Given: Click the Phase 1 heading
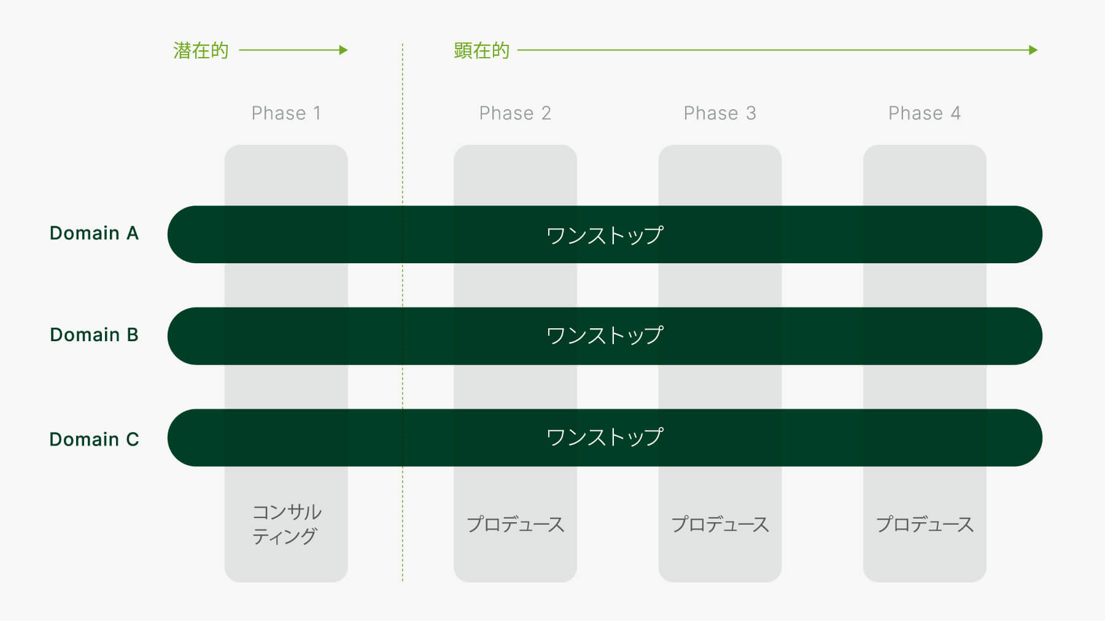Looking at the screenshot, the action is [x=286, y=113].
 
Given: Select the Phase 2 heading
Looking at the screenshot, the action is [x=515, y=113].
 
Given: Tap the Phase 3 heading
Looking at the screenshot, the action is [x=719, y=113].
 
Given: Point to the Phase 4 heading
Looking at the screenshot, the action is [x=925, y=113].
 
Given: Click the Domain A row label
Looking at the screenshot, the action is [x=94, y=233].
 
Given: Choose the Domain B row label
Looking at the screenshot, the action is [x=94, y=335].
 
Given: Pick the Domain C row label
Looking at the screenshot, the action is [x=94, y=439].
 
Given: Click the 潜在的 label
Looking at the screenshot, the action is [x=201, y=50].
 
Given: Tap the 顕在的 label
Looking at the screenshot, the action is [x=482, y=50].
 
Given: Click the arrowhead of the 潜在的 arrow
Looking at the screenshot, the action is [x=344, y=50].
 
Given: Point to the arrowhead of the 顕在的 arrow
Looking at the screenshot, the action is [x=1034, y=50].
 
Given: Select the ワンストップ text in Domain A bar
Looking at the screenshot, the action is [x=605, y=235].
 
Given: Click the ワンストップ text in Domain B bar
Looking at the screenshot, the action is [x=605, y=336].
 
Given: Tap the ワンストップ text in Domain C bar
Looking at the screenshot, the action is [x=605, y=438].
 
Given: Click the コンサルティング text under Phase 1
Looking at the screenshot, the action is [x=286, y=524].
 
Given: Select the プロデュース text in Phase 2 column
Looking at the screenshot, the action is [x=515, y=524].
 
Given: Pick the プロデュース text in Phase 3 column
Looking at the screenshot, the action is [x=719, y=524].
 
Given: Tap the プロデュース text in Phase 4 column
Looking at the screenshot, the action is [x=925, y=524].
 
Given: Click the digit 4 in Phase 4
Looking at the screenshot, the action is [x=956, y=113].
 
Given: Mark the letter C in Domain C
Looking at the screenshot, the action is [x=133, y=439].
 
